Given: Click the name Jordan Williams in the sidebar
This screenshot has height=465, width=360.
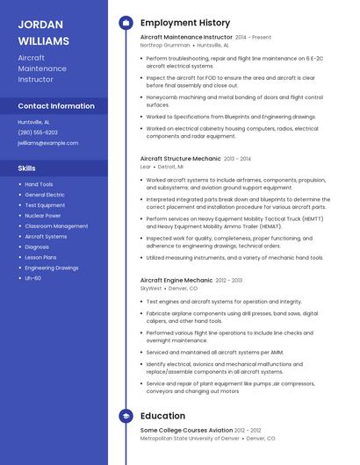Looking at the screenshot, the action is click(43, 32).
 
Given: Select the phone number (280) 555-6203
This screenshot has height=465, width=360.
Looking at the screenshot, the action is click(38, 132).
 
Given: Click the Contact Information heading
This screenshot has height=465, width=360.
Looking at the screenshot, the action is click(56, 106).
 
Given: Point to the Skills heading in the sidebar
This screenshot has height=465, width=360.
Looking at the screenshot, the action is click(27, 167).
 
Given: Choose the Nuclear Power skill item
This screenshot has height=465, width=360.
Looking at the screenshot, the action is click(43, 215).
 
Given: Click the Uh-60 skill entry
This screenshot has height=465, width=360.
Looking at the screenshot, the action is click(32, 278).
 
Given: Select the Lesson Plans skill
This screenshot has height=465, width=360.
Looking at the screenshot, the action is click(40, 257).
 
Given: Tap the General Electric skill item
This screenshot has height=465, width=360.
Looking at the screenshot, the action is click(45, 195).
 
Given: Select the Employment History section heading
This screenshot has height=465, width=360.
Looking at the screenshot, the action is click(184, 23).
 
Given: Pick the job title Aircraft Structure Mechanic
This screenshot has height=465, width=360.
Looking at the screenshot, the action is click(181, 159).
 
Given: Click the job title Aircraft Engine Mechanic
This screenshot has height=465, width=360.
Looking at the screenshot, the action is click(176, 281).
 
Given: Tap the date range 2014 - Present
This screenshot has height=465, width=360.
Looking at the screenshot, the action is click(254, 38).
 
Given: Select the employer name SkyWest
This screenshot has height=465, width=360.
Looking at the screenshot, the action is click(151, 288).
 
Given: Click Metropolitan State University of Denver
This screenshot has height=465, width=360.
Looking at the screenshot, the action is click(189, 438).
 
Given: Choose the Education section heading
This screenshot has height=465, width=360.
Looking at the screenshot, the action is click(162, 416).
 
